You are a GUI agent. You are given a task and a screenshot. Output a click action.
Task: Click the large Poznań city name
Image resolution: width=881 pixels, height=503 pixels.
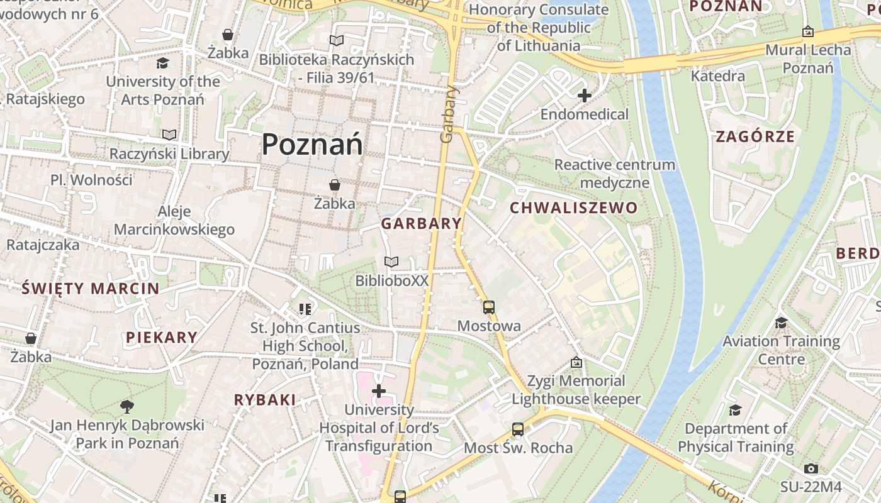(x=312, y=145)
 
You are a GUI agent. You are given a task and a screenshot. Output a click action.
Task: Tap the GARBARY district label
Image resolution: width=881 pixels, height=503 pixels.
(x=422, y=223)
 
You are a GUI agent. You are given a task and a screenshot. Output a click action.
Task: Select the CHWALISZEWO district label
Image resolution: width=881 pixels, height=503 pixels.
(x=573, y=207)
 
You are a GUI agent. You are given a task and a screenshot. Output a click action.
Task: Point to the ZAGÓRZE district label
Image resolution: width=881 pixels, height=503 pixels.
(x=755, y=136)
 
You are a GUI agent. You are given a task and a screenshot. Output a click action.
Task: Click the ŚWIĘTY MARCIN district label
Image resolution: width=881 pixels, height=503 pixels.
(x=91, y=289)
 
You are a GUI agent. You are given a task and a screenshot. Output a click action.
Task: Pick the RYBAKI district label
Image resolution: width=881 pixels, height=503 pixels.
(x=265, y=400)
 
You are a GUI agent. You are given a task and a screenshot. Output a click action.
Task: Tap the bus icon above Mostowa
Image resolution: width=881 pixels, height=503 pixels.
(x=489, y=307)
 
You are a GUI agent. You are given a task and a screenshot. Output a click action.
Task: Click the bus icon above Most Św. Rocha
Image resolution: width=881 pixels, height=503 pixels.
(x=518, y=429)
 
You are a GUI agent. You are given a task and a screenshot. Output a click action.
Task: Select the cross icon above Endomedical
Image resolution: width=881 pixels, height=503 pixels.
(x=585, y=96)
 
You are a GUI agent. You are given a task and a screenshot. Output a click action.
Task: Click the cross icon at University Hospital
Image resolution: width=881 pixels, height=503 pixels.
(x=379, y=391)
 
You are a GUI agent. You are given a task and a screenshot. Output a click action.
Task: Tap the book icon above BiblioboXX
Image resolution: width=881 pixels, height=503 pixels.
(x=391, y=262)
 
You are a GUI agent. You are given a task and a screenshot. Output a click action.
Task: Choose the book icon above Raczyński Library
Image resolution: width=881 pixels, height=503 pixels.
(x=169, y=135)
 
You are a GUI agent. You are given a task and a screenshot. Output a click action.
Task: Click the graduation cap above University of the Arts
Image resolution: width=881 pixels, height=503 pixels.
(x=163, y=63)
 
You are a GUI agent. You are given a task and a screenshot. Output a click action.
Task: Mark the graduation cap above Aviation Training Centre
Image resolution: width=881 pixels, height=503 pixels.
(x=781, y=323)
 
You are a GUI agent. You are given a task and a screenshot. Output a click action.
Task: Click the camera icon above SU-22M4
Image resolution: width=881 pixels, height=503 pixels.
(x=811, y=468)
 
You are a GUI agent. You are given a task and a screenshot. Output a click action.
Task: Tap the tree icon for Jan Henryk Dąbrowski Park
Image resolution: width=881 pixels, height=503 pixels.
(x=127, y=406)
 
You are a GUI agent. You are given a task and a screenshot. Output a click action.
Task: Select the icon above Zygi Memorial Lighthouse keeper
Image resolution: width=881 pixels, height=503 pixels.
(x=576, y=362)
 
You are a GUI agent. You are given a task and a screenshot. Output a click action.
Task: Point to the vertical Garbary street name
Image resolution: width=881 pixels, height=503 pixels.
(x=448, y=114)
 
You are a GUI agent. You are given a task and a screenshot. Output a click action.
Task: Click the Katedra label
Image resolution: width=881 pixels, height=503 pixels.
(x=717, y=76)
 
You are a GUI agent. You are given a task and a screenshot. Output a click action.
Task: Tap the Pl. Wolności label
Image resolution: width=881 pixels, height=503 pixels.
(x=92, y=180)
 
